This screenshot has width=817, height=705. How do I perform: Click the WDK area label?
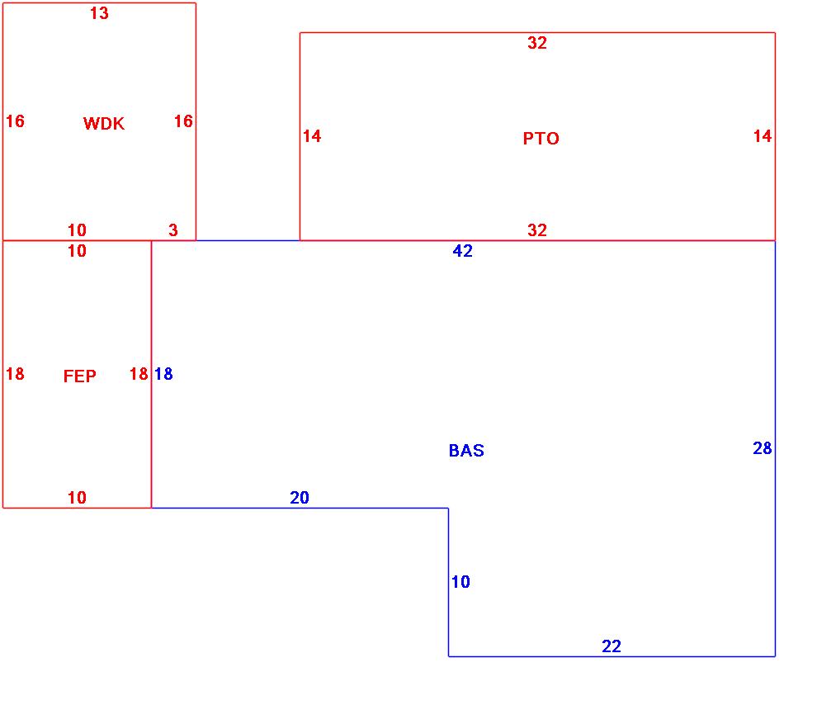(x=104, y=124)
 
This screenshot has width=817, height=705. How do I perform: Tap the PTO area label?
(x=541, y=139)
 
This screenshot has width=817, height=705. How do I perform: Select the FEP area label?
(x=79, y=376)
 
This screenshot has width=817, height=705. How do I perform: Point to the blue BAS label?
(x=466, y=451)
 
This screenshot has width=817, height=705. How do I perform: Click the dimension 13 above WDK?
(x=99, y=14)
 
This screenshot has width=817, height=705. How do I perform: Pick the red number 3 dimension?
(x=173, y=230)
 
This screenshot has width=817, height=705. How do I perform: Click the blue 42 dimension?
(x=463, y=251)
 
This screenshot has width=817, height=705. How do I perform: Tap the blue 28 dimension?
(x=763, y=448)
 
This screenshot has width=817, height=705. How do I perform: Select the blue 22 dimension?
(x=612, y=646)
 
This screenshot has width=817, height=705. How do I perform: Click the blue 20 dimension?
(x=300, y=498)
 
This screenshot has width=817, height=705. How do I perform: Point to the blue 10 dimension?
(x=460, y=582)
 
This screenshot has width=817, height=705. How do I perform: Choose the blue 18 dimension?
(x=163, y=374)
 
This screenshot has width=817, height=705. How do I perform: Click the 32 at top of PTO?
(x=537, y=44)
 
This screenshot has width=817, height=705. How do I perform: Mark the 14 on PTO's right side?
(x=763, y=136)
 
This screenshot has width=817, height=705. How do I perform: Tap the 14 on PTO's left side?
(x=312, y=136)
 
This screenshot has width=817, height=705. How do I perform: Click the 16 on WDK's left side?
(x=15, y=121)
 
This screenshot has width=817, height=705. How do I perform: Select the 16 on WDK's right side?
(x=183, y=121)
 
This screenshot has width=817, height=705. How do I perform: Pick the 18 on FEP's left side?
(x=15, y=374)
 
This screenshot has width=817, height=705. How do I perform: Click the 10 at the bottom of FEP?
(x=77, y=498)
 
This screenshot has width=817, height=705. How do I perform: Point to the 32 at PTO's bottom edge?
(x=537, y=230)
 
